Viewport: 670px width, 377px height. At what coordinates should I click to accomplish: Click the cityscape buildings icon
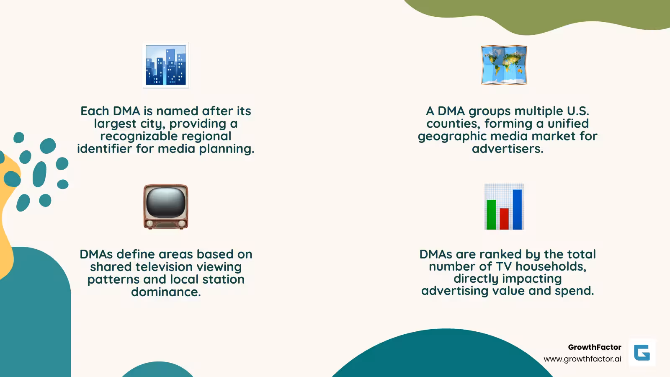tap(166, 65)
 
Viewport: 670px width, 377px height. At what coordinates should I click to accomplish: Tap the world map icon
tap(504, 65)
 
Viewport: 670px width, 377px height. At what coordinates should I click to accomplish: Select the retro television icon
tap(166, 207)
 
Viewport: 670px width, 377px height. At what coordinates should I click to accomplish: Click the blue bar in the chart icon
tap(517, 209)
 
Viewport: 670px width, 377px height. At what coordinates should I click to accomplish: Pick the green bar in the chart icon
tap(491, 214)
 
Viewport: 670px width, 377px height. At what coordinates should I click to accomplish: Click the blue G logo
tap(642, 353)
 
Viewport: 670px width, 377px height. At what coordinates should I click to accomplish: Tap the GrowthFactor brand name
tap(594, 347)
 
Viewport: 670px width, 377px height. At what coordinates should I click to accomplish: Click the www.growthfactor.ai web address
tap(582, 359)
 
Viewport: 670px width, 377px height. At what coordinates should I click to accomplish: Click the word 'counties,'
tap(453, 124)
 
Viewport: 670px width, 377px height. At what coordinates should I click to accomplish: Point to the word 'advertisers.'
tap(507, 149)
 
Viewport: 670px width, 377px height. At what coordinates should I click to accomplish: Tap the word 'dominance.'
tap(166, 292)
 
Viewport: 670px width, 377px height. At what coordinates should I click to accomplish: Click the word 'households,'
tap(551, 266)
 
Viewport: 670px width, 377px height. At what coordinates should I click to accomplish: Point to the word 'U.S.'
tap(578, 111)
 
